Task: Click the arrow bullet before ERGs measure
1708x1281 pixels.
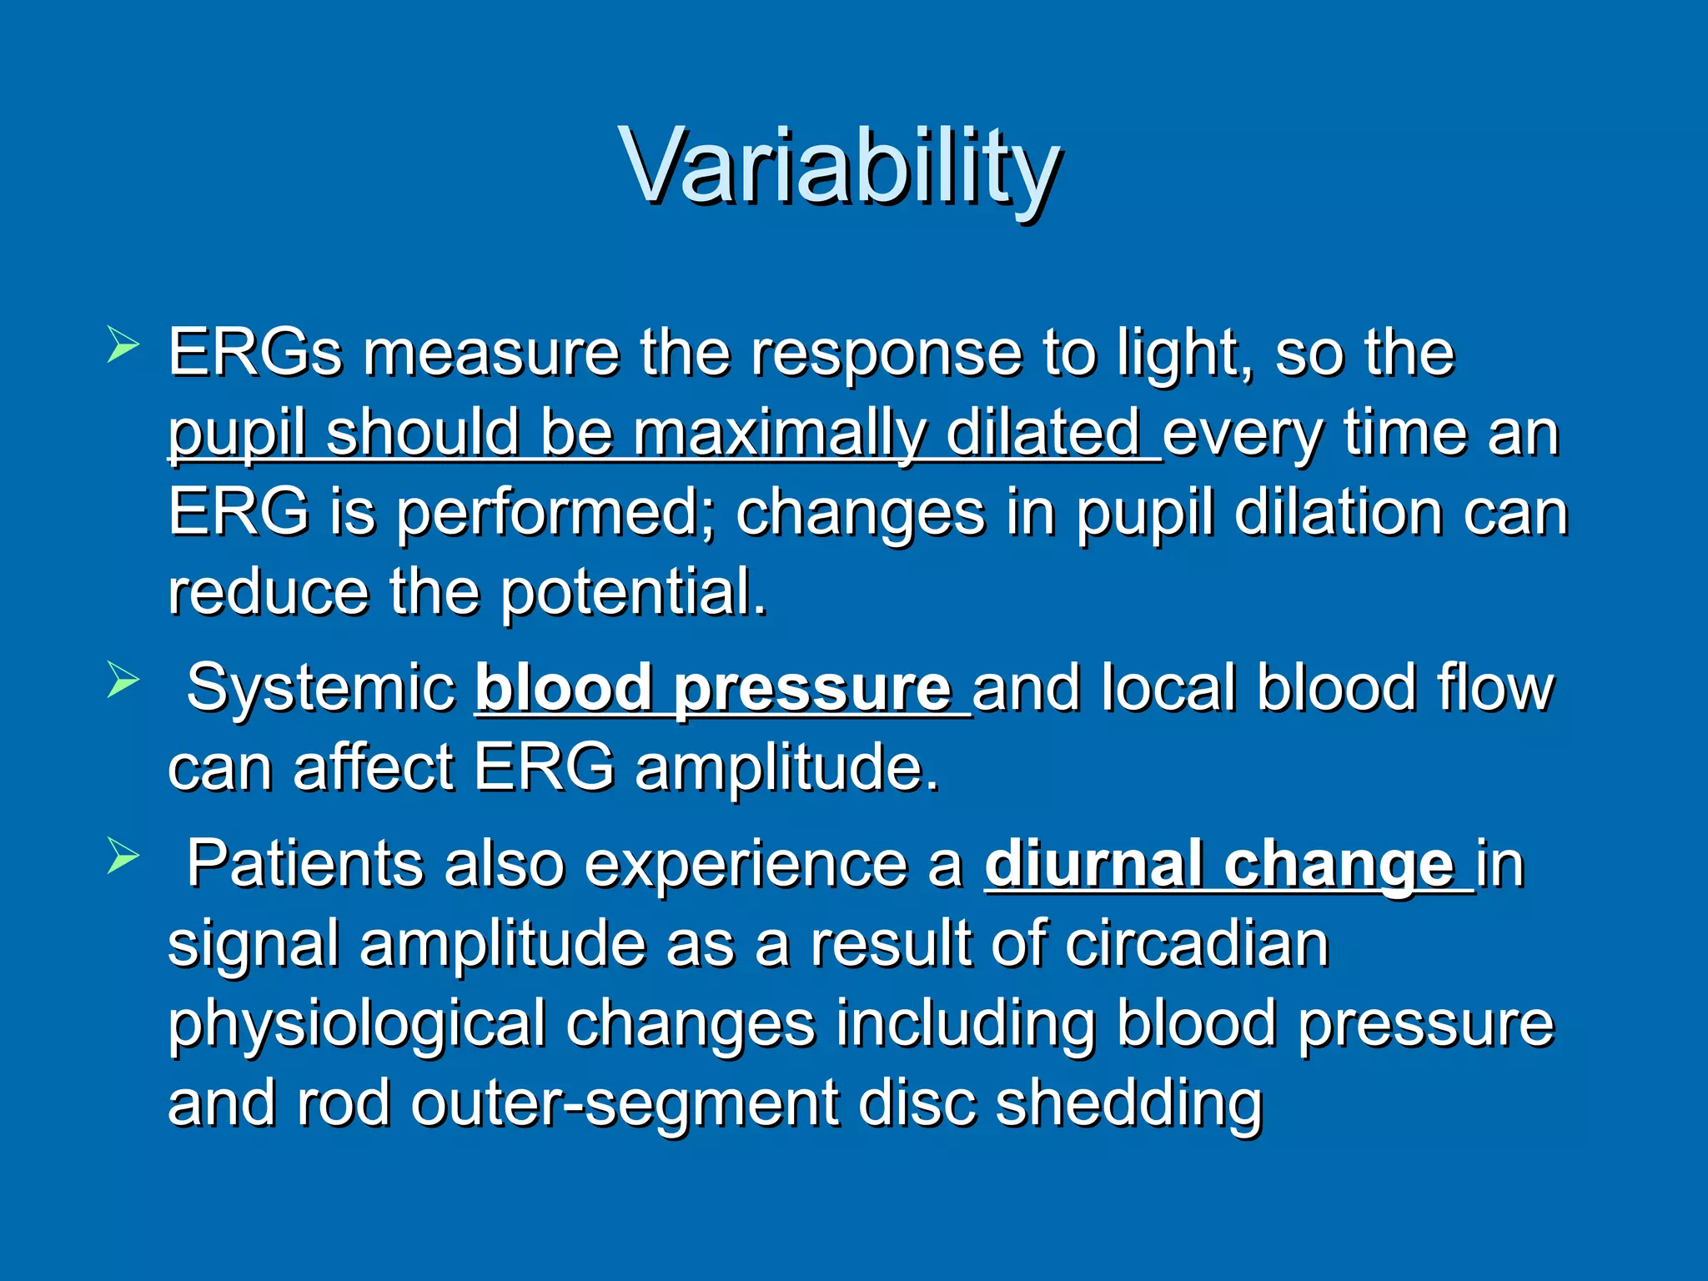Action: coord(123,345)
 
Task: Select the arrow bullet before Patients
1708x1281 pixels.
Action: coord(123,857)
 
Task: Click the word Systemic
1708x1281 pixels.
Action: coord(320,689)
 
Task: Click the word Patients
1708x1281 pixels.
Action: coord(304,865)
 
